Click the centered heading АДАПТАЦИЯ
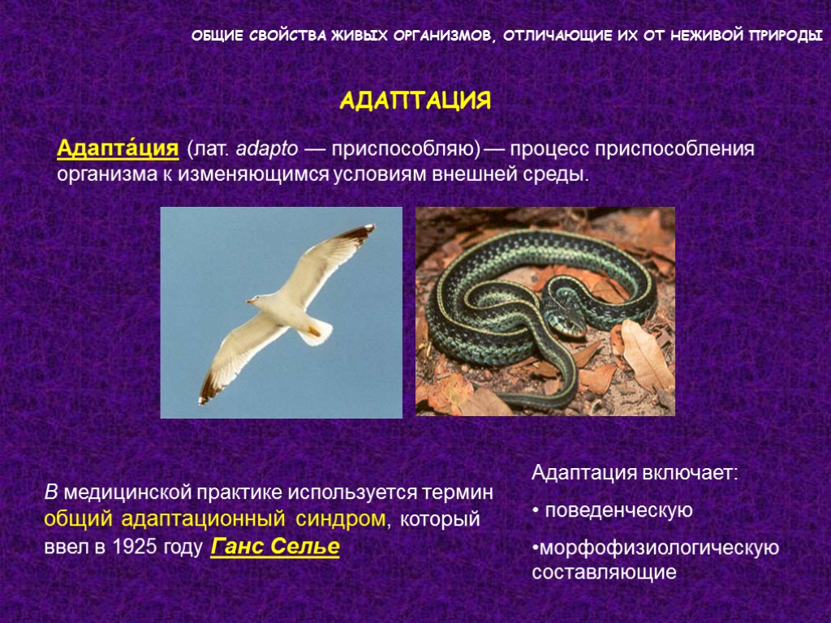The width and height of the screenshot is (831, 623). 415,101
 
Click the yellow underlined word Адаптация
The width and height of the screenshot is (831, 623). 117,149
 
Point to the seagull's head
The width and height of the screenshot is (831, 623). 256,301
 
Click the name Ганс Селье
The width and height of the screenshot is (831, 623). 275,547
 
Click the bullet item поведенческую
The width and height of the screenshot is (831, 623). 618,510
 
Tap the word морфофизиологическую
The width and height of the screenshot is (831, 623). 657,548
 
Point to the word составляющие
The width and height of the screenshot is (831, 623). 603,572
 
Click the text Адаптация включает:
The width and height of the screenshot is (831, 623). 635,473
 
